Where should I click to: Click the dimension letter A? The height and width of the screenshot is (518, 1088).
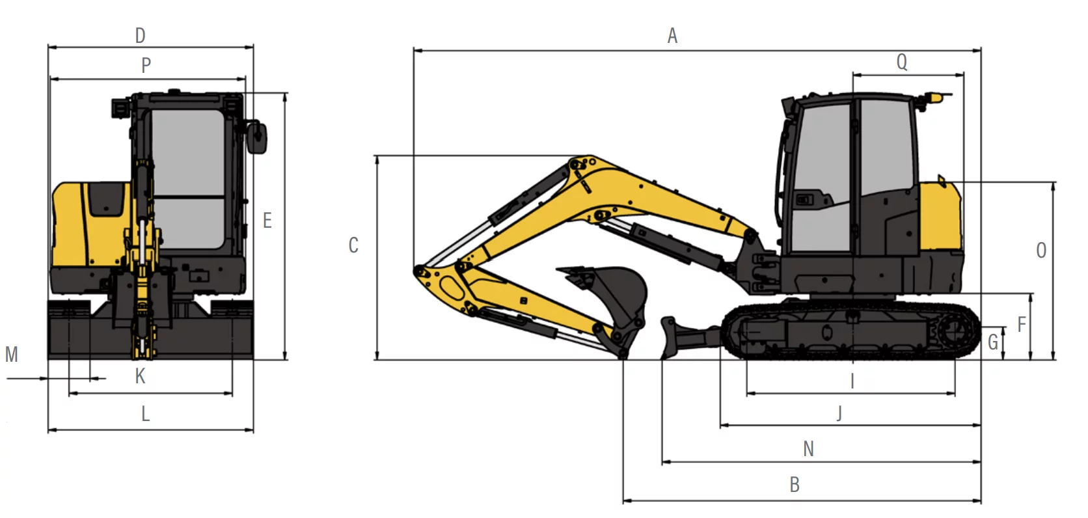(672, 36)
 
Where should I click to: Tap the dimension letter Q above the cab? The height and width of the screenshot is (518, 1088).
(901, 62)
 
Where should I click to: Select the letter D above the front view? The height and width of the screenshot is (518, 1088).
(140, 36)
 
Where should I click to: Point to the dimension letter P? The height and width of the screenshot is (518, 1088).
(146, 65)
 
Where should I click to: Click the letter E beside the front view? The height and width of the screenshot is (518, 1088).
(267, 221)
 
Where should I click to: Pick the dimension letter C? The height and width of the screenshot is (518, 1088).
(353, 245)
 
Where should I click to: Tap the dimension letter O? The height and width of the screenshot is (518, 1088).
(1041, 251)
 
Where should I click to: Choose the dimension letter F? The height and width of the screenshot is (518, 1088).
(1022, 324)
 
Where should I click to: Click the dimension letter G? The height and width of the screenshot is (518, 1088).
(993, 342)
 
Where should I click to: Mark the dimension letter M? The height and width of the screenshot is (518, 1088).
(12, 354)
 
